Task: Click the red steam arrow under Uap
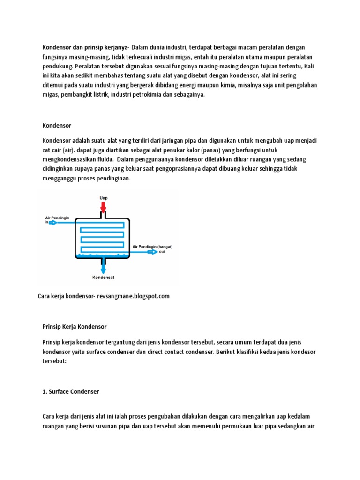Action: [103, 206]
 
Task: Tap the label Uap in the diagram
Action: [103, 198]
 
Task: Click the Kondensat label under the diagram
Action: [103, 277]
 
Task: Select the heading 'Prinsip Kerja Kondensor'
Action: [75, 326]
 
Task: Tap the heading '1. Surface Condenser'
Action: [71, 391]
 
